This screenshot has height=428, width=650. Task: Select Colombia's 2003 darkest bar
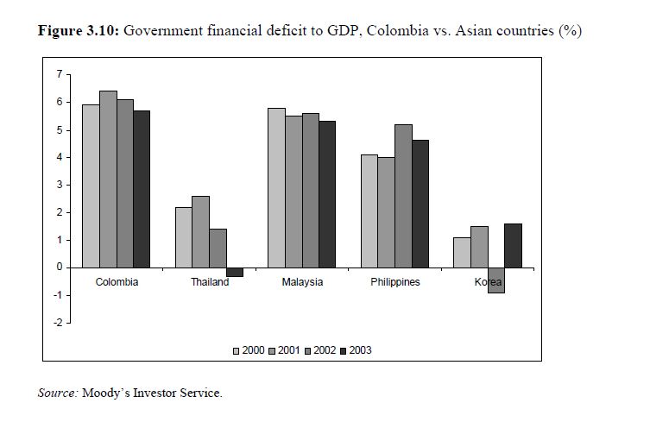click(x=142, y=189)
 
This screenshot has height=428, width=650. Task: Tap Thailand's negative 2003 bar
click(x=235, y=272)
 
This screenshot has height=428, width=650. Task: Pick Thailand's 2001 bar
click(x=200, y=231)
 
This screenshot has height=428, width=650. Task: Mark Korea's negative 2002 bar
click(x=495, y=280)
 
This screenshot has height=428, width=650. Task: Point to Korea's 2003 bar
click(x=513, y=245)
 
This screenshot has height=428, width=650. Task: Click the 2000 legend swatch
click(x=236, y=351)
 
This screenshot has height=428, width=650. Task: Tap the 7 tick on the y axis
click(x=59, y=74)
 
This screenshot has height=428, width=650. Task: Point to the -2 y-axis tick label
click(x=57, y=323)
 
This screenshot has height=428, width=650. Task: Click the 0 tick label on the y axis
click(x=59, y=267)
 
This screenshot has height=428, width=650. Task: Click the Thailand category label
click(x=210, y=282)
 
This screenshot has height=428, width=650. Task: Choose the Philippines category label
click(x=395, y=282)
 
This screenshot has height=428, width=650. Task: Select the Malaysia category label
click(x=302, y=282)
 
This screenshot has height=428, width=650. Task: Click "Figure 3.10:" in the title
click(x=79, y=31)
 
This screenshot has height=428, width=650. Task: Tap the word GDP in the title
click(x=340, y=31)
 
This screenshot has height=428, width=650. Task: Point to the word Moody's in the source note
click(x=107, y=393)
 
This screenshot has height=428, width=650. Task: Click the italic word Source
click(x=58, y=393)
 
